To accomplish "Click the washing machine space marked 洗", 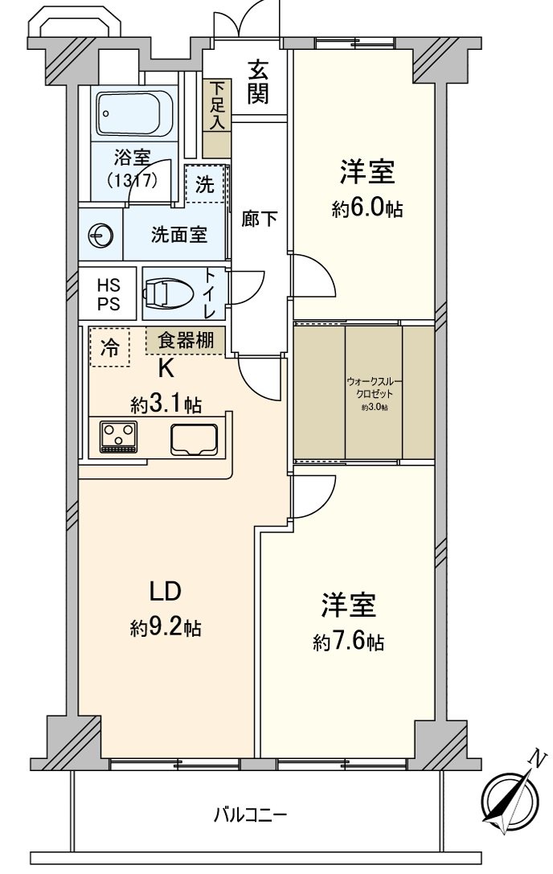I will (x=206, y=184).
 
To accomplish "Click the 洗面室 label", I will (x=179, y=235).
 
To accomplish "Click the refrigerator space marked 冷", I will (x=109, y=347).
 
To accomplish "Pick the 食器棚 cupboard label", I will (x=186, y=340).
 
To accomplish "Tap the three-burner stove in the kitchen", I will (x=119, y=437).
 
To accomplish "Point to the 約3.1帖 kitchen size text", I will (x=166, y=404).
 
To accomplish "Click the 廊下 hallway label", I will (x=260, y=219).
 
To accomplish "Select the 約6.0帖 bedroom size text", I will (x=367, y=210).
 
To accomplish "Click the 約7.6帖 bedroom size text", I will (x=348, y=642).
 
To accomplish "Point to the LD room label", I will (x=166, y=592).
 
